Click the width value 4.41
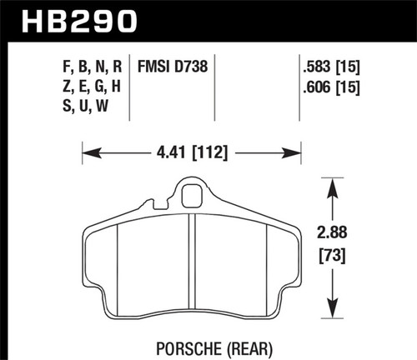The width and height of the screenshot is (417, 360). [172, 152]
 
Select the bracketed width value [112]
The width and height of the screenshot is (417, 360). [211, 152]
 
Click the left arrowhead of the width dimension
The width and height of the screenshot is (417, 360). [88, 152]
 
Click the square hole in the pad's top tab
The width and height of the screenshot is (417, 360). [192, 199]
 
